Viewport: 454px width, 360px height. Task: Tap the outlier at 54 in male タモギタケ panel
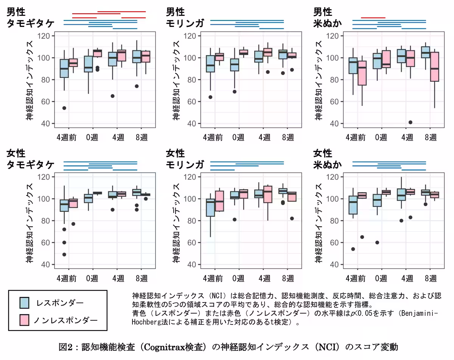pyautogui.click(x=64, y=108)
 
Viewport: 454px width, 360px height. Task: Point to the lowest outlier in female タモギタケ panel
pyautogui.click(x=64, y=254)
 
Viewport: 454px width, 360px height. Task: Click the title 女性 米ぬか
pyautogui.click(x=328, y=159)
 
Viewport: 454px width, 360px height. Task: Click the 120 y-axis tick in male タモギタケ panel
pyautogui.click(x=47, y=36)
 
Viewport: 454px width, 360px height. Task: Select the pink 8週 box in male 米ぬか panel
pyautogui.click(x=435, y=67)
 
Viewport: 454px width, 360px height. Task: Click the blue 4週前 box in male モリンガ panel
pyautogui.click(x=210, y=64)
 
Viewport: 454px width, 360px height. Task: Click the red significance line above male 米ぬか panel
pyautogui.click(x=373, y=17)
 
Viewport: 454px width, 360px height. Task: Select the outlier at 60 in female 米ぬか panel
pyautogui.click(x=377, y=242)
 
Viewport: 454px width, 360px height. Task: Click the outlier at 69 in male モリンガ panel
pyautogui.click(x=235, y=92)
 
